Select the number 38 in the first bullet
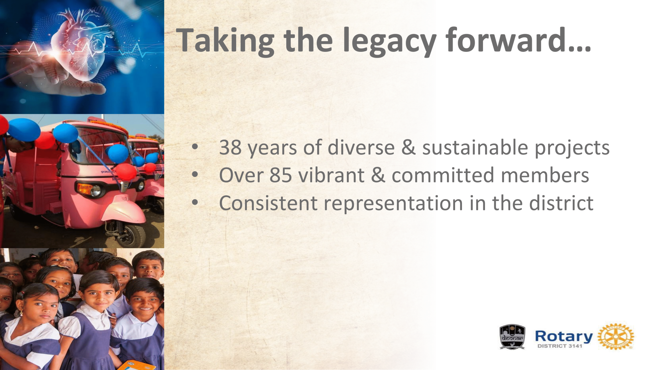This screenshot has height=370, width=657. [x=230, y=148]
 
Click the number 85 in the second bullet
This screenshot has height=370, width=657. [x=281, y=175]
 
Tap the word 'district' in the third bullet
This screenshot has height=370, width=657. [x=562, y=202]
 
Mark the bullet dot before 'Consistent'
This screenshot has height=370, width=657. [x=195, y=203]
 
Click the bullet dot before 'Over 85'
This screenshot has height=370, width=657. [x=195, y=175]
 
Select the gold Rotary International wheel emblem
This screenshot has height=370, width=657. [x=616, y=336]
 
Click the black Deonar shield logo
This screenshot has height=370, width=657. [x=512, y=337]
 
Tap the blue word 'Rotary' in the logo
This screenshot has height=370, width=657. [x=564, y=337]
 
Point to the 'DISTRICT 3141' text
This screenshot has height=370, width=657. [x=560, y=346]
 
